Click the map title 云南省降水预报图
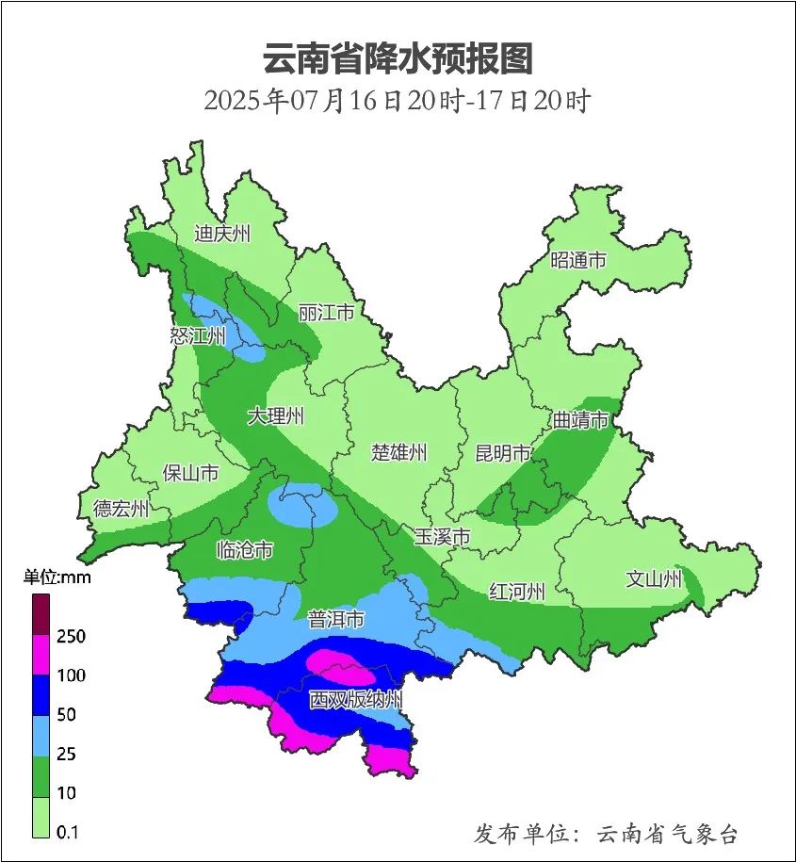click(x=398, y=58)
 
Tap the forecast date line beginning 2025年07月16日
click(x=397, y=100)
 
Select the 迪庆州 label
click(x=221, y=234)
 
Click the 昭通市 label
click(x=578, y=261)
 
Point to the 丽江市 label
click(x=326, y=312)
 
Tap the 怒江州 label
click(x=198, y=336)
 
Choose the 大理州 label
click(x=276, y=415)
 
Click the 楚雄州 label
click(x=398, y=452)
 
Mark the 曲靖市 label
click(x=580, y=420)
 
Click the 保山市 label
click(x=191, y=472)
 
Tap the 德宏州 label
click(x=122, y=510)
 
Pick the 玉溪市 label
click(x=443, y=537)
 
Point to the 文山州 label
click(x=654, y=579)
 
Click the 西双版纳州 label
click(x=356, y=700)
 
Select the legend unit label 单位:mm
click(x=57, y=577)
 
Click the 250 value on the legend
click(x=71, y=637)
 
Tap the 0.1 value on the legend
click(x=67, y=832)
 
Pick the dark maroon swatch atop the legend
click(x=41, y=614)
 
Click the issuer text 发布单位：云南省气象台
click(x=605, y=834)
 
